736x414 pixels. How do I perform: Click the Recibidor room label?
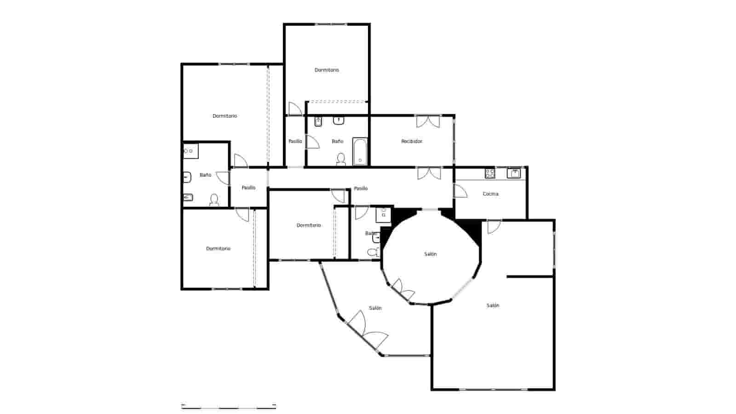[412, 141]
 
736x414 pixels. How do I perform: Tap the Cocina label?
[490, 194]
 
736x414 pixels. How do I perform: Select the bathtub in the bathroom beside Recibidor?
[360, 151]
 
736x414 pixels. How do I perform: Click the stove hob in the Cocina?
[490, 173]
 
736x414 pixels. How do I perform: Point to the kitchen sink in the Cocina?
[513, 173]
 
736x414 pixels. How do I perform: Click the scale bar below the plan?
[229, 406]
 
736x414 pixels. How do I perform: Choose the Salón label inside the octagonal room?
[430, 254]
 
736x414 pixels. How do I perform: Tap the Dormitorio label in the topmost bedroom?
[327, 70]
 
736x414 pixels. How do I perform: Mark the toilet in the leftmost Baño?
[214, 200]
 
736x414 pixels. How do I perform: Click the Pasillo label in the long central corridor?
[361, 188]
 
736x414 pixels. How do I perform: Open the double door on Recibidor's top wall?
[428, 121]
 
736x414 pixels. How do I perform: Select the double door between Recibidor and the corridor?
[429, 173]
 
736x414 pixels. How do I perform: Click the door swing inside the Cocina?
[460, 191]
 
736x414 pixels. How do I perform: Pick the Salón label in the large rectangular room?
[493, 305]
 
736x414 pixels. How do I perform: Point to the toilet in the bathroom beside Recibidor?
[341, 159]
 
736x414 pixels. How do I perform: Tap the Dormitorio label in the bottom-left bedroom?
[218, 248]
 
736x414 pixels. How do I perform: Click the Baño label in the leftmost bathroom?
[205, 175]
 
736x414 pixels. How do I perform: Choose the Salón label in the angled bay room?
[375, 308]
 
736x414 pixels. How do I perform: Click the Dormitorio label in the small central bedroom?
[309, 225]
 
